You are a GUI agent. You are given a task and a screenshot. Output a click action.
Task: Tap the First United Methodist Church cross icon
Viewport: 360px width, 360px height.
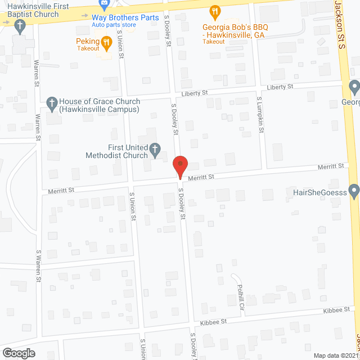coord(155,150)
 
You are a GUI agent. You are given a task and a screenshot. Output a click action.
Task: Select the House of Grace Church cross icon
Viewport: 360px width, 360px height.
coord(52,102)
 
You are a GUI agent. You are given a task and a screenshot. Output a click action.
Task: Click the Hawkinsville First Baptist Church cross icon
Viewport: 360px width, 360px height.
coord(20,25)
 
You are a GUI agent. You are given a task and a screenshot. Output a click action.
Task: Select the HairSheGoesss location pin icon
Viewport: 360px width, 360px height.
coord(354,192)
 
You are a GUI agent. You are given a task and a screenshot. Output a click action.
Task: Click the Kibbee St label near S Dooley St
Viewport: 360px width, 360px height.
coord(214,322)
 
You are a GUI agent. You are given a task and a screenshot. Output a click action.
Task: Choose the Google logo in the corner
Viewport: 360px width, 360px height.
coord(18,353)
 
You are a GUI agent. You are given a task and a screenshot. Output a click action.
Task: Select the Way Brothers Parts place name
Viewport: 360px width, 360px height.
coord(125,17)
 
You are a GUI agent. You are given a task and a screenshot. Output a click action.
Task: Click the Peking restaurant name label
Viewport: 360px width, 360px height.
coord(88,40)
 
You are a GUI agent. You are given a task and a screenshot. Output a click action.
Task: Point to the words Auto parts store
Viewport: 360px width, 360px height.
coord(115,25)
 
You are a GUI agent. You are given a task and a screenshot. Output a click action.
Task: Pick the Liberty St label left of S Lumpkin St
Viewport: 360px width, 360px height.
coord(195,93)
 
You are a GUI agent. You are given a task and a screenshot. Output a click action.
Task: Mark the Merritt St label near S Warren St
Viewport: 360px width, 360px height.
coord(61,190)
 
